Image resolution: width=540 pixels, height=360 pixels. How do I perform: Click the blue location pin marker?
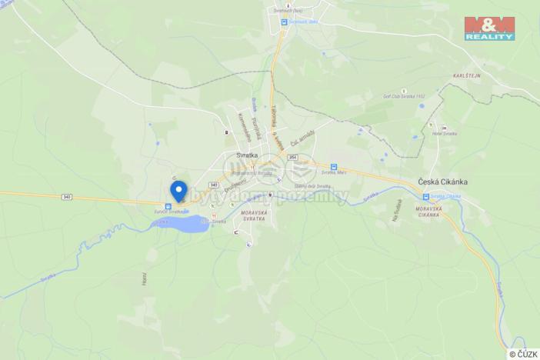coord(178,189)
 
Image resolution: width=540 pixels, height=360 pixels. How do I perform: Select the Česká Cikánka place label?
coord(442,182)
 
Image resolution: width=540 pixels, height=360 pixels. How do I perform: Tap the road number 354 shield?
coord(292,157)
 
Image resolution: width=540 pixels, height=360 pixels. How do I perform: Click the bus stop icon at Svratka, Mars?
coord(334,167)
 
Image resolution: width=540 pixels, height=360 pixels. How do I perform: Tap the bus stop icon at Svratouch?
coord(283,22)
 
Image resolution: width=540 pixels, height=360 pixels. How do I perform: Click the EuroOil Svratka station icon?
coord(168,205)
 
